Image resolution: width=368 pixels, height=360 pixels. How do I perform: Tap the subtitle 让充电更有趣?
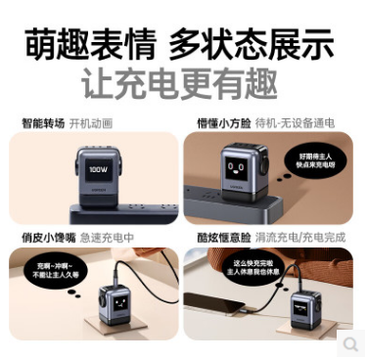click(x=183, y=85)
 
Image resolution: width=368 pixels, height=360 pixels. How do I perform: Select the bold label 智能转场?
click(x=40, y=124)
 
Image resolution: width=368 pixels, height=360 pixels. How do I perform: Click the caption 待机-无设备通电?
click(x=294, y=124)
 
